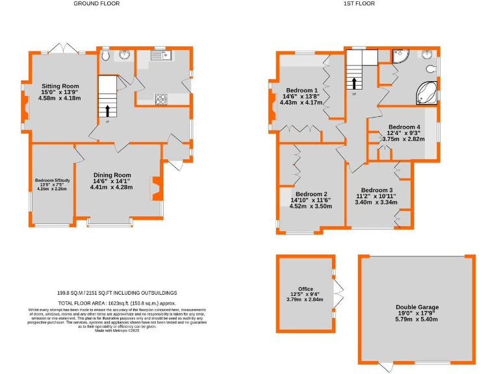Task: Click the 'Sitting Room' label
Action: [x=60, y=86]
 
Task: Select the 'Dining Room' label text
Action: [x=111, y=175]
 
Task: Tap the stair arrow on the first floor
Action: [x=354, y=83]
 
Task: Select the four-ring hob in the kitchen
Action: [x=160, y=99]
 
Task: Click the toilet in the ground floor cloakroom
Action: [x=107, y=56]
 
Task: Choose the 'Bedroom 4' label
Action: [x=404, y=127]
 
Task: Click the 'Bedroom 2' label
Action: [x=311, y=194]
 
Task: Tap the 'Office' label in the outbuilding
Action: [x=305, y=289]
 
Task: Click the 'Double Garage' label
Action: [x=417, y=307]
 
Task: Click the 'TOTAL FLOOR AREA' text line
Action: [x=117, y=303]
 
